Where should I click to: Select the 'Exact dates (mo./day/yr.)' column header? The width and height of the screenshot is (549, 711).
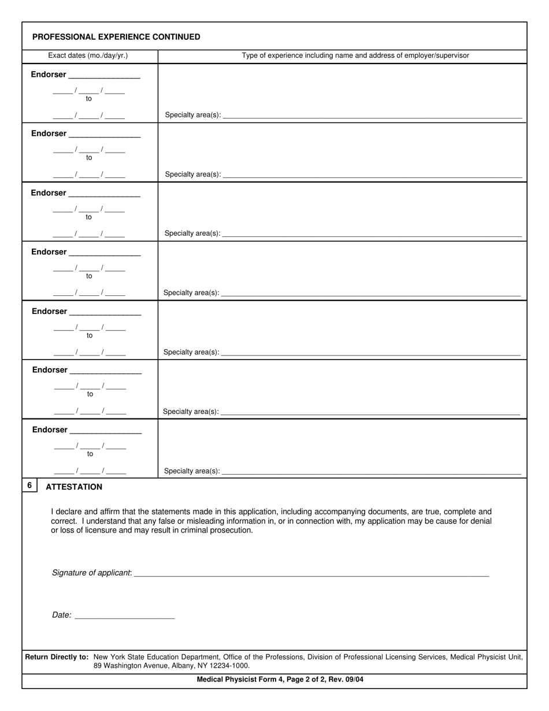tap(88, 55)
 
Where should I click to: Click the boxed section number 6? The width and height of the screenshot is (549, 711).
tap(29, 486)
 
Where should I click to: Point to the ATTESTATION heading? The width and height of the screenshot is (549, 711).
tap(74, 487)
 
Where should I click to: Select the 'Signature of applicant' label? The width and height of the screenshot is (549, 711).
tap(91, 573)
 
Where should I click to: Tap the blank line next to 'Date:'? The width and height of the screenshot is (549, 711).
tap(125, 618)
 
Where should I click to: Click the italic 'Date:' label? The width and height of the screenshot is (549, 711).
tap(61, 616)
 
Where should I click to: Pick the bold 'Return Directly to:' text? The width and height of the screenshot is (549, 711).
tap(57, 657)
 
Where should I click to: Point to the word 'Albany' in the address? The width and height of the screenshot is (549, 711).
tap(184, 665)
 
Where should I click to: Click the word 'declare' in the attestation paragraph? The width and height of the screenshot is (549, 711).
tap(69, 512)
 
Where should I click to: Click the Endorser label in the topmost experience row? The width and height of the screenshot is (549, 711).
tap(49, 75)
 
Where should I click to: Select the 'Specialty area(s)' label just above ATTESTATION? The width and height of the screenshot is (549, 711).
tap(191, 471)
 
